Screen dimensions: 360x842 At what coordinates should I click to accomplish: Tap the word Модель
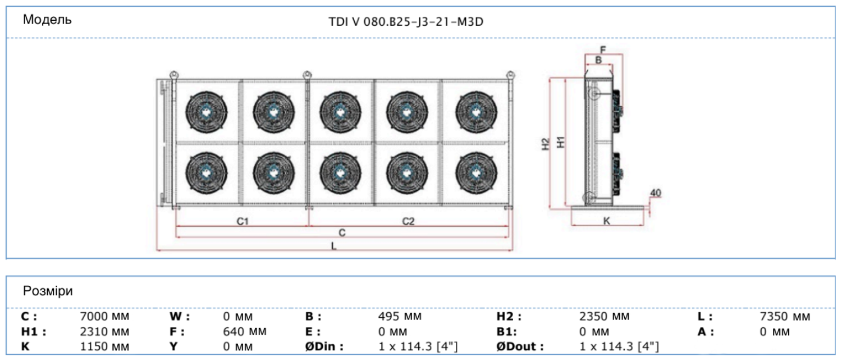pos(47,20)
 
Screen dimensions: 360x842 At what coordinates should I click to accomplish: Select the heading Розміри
pos(48,291)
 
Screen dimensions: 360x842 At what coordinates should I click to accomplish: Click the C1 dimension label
pos(242,221)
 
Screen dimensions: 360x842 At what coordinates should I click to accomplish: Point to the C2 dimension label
pos(408,221)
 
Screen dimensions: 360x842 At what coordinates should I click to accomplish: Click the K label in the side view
pos(606,221)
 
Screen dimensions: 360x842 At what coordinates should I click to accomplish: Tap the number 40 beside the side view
pos(656,193)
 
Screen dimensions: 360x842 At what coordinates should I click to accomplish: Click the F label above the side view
pos(603,49)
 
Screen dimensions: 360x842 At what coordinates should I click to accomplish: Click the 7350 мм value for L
pos(785,317)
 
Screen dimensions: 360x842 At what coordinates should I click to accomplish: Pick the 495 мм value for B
pos(400,317)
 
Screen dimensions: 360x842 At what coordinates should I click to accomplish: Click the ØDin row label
pos(324,346)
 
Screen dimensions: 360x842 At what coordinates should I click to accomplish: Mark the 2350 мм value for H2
pos(604,317)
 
